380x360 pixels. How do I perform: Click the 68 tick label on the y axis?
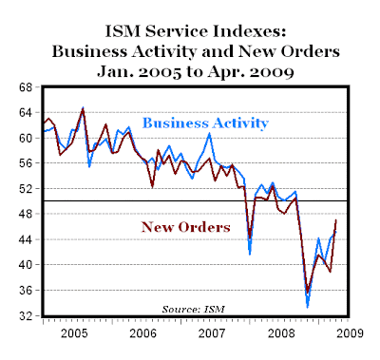(26, 87)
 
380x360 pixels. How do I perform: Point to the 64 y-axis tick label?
(26, 112)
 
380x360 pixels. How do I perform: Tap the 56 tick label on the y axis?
(26, 163)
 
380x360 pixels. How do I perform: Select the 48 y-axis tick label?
(26, 214)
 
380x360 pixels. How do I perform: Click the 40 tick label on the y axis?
(26, 265)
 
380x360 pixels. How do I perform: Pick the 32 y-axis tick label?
(26, 315)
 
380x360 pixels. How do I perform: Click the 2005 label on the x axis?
(74, 333)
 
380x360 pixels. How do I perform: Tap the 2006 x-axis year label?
(142, 333)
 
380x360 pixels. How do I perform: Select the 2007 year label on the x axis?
(212, 333)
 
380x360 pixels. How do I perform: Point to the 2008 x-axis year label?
(281, 333)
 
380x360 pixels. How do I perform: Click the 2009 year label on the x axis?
(350, 333)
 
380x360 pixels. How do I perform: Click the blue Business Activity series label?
(205, 123)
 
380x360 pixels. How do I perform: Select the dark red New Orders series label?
(185, 227)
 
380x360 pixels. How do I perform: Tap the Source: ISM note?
(194, 309)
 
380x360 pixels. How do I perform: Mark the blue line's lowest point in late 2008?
(307, 307)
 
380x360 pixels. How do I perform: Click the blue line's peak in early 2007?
(209, 134)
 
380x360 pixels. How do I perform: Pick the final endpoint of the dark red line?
(335, 219)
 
